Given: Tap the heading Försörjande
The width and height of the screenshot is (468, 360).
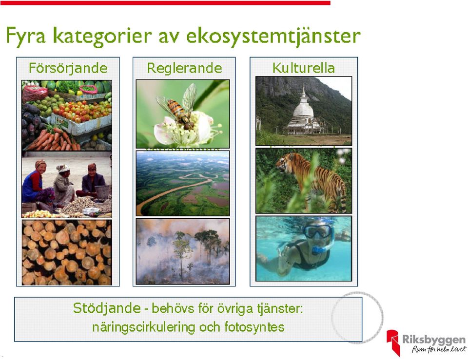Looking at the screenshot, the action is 68,68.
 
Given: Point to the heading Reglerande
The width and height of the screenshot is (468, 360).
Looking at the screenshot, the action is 184,68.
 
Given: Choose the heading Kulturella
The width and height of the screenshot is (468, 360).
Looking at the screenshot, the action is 304,68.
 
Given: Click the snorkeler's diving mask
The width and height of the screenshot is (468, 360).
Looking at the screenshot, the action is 317,231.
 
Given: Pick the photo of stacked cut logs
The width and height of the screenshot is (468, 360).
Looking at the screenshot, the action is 67,252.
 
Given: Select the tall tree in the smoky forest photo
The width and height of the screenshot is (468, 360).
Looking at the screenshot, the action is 181,253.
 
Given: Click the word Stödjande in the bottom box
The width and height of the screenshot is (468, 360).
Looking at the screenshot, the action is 107,308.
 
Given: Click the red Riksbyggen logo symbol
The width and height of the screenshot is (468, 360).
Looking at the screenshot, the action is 393,342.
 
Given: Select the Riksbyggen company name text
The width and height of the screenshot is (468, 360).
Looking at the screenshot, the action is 434,340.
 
